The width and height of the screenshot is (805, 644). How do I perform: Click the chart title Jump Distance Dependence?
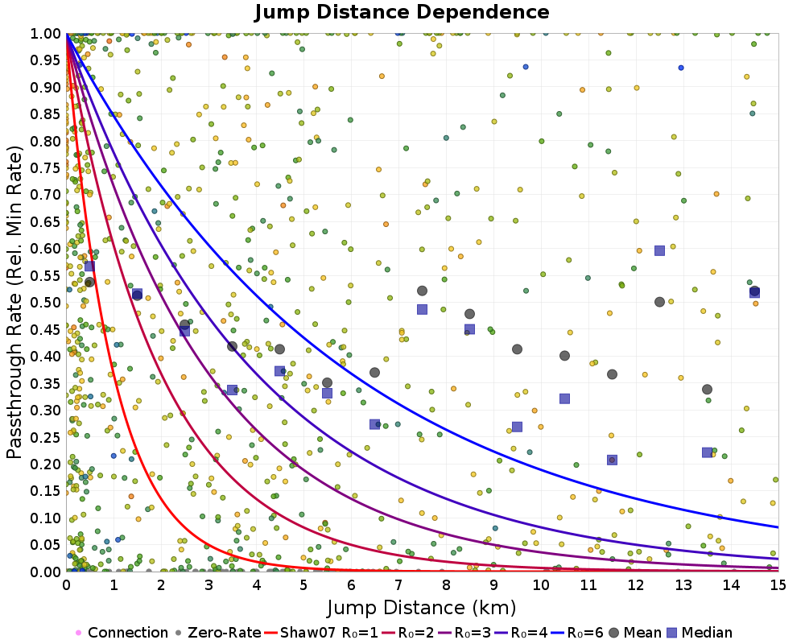(402, 13)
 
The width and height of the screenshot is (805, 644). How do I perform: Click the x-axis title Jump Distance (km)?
(422, 606)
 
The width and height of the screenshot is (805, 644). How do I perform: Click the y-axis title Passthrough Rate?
(14, 302)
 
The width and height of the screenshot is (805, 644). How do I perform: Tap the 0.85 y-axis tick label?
(47, 114)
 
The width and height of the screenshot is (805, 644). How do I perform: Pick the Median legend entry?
(700, 633)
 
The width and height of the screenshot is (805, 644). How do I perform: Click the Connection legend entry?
(121, 633)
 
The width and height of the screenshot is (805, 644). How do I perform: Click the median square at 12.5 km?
(659, 250)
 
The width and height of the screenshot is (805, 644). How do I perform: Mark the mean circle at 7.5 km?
(422, 291)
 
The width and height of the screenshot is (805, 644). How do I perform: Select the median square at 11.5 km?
(612, 460)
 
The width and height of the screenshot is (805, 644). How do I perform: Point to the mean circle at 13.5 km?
(707, 390)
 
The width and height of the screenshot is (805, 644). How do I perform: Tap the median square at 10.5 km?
(564, 398)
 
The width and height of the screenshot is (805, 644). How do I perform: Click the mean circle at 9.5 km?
(517, 349)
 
